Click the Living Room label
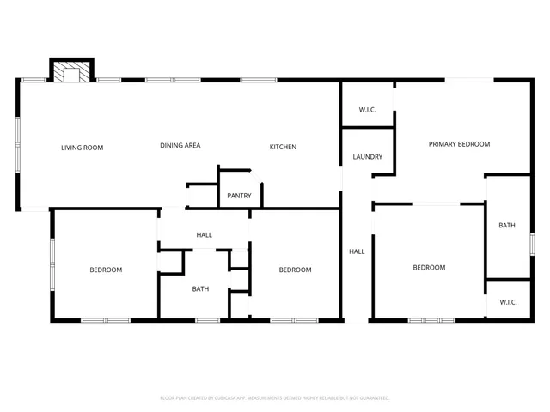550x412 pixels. tap(82, 148)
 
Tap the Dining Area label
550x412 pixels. tap(180, 146)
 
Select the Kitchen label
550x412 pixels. tap(283, 147)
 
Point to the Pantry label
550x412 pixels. tap(239, 196)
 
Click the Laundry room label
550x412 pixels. tap(368, 157)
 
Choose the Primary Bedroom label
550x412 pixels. tap(459, 144)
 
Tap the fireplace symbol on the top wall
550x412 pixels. tap(71, 71)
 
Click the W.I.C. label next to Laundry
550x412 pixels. tap(368, 110)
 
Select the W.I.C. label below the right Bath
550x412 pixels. tap(507, 302)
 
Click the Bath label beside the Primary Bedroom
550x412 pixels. tap(507, 226)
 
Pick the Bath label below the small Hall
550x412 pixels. tap(200, 289)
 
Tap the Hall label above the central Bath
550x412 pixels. tap(204, 235)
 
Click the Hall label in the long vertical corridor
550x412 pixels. tap(357, 251)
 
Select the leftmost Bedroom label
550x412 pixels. tap(106, 270)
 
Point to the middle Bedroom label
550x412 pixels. tap(295, 270)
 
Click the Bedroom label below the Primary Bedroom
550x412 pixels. tap(429, 268)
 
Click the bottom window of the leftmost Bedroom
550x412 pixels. tap(105, 321)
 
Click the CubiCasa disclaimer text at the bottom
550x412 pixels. tap(275, 398)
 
